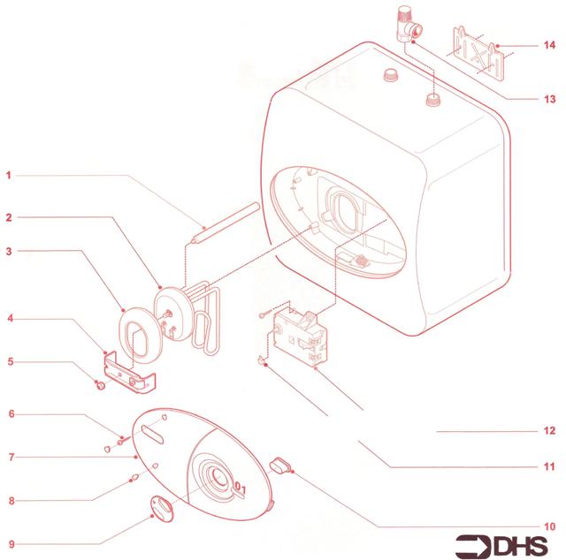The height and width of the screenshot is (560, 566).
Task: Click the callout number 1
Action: click(9, 176)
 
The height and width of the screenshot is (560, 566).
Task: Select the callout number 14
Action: click(549, 45)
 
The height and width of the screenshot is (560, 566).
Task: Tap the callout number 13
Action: click(549, 99)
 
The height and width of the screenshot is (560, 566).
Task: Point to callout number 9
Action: click(11, 544)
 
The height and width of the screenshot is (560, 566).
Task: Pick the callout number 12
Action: click(549, 430)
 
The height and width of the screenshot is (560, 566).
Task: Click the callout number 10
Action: click(549, 526)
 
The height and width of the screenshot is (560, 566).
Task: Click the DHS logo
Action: click(501, 546)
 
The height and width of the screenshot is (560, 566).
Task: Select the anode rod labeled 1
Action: click(226, 223)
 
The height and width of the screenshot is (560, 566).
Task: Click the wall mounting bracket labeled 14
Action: click(478, 54)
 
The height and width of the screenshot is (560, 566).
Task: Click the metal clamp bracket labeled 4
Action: click(130, 373)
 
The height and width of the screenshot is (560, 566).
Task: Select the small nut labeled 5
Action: click(101, 386)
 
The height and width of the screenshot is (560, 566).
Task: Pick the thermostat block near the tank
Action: click(302, 338)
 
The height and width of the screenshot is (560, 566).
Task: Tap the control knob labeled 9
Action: click(162, 509)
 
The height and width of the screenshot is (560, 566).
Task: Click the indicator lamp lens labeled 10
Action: click(280, 465)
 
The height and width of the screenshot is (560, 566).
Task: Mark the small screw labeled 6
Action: click(123, 440)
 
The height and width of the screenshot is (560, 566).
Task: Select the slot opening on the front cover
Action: click(153, 434)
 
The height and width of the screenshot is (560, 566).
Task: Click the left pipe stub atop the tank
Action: click(391, 75)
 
